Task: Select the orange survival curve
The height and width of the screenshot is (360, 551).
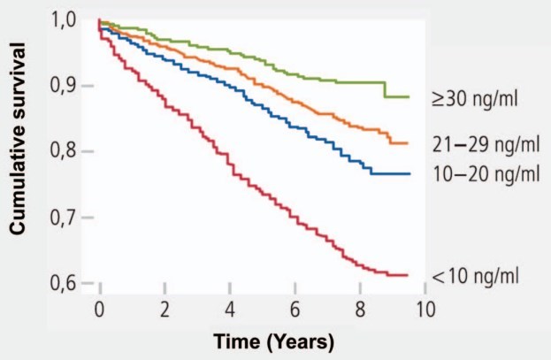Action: tap(265, 84)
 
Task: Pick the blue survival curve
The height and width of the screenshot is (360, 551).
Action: tap(265, 103)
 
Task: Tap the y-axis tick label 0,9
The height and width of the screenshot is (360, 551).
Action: tap(71, 86)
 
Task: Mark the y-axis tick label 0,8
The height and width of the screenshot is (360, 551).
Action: tap(71, 152)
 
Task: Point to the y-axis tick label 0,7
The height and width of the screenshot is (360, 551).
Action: tap(71, 218)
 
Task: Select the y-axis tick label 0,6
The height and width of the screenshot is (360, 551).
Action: tap(71, 283)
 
